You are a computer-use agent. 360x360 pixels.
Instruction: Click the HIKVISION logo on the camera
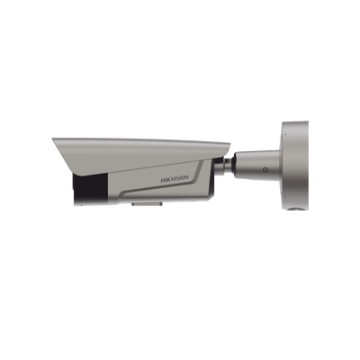click(175, 179)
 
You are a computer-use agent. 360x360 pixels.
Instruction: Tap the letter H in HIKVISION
click(163, 180)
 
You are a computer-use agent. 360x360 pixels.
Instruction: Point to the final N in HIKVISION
click(186, 178)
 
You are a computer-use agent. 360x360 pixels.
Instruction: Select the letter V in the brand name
click(173, 179)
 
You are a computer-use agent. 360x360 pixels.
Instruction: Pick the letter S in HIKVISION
click(178, 179)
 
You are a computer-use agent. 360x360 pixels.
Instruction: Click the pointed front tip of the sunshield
click(52, 139)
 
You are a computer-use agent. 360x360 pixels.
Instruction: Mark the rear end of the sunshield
click(229, 144)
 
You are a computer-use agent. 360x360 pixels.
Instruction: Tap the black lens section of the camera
click(89, 189)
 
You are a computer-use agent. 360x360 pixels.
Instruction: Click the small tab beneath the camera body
click(147, 204)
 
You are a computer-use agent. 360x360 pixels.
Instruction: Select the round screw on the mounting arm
click(265, 170)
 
